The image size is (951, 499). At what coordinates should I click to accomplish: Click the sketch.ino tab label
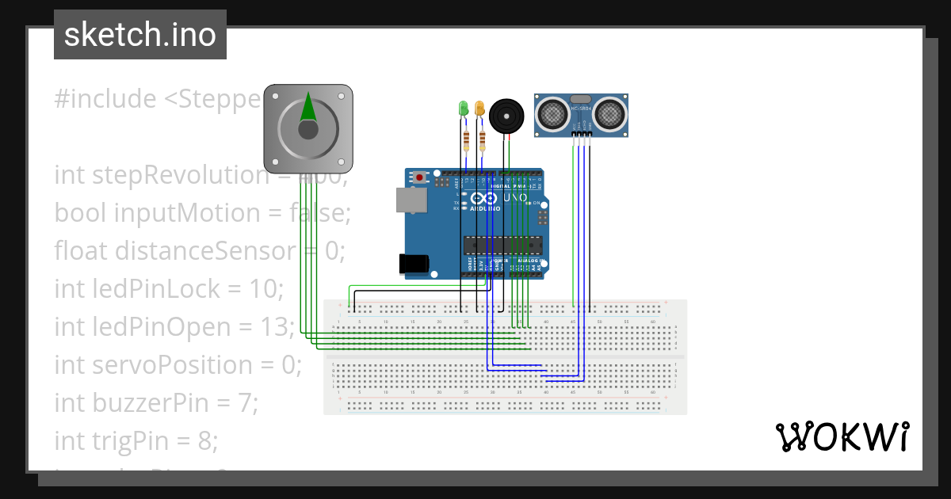click(139, 35)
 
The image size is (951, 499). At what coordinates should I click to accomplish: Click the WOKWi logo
click(842, 436)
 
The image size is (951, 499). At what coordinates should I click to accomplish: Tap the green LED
click(464, 109)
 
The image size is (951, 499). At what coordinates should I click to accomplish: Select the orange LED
click(479, 109)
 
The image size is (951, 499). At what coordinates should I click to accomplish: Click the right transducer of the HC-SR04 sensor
click(609, 115)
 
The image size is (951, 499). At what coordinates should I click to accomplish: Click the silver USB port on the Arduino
click(410, 200)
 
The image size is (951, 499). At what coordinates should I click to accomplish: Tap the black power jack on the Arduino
click(414, 264)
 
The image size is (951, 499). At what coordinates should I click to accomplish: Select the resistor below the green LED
click(466, 141)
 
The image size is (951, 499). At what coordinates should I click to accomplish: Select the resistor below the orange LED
click(482, 141)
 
